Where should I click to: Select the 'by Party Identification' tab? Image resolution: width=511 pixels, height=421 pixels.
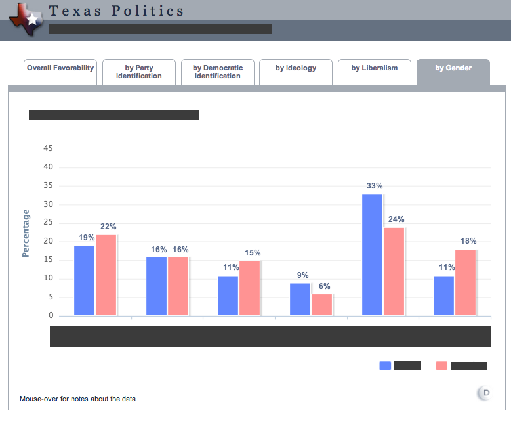click(139, 72)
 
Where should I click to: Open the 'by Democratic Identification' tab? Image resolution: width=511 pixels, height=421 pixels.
click(218, 72)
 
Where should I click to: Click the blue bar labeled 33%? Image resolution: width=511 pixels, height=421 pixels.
click(373, 255)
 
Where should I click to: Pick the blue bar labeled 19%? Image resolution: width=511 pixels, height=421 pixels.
click(84, 280)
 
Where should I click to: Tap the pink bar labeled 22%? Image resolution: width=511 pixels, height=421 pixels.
click(106, 275)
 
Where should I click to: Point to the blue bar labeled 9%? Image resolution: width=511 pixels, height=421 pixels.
click(300, 299)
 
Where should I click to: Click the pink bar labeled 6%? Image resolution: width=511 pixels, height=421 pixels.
click(322, 305)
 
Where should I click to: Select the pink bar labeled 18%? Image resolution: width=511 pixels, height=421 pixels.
click(465, 282)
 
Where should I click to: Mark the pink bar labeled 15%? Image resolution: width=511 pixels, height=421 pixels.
click(250, 288)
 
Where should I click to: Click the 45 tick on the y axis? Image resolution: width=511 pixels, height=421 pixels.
click(48, 148)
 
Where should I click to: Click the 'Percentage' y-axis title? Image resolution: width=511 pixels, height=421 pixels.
click(26, 233)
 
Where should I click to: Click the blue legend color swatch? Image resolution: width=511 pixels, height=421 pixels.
click(385, 366)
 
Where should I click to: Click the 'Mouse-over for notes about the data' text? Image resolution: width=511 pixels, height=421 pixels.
click(77, 399)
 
